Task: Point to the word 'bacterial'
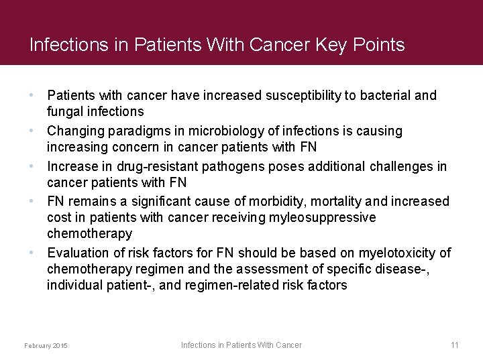point(384,96)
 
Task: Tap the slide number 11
point(454,345)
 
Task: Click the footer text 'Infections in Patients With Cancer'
point(241,345)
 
